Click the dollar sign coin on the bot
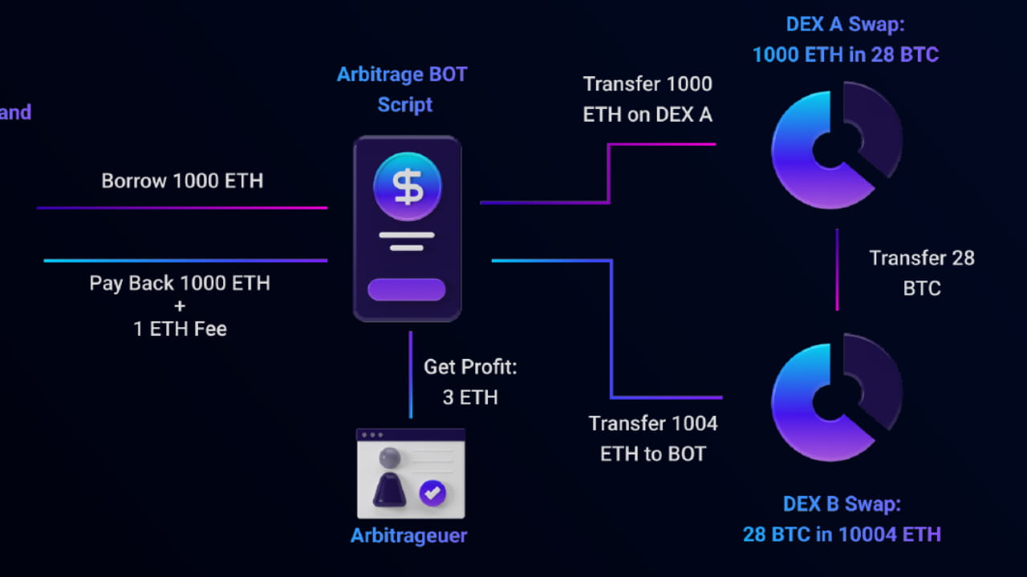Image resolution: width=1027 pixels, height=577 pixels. point(407,187)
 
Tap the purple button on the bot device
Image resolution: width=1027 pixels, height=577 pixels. point(406,289)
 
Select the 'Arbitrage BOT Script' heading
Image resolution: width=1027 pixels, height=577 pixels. point(402,90)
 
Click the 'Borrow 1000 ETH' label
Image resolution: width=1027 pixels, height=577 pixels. point(182,180)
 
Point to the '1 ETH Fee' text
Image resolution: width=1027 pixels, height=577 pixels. point(180,329)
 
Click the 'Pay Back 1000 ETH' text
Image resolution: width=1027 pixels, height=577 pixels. point(180,283)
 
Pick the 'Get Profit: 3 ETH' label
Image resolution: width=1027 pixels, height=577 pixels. point(470,381)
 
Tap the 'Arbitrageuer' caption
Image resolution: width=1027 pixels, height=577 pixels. point(409,535)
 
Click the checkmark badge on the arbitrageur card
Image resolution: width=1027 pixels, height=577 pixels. point(433,493)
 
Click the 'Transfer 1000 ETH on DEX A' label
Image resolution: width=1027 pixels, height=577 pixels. point(647,99)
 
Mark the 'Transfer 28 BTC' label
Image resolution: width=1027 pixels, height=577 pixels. point(922,272)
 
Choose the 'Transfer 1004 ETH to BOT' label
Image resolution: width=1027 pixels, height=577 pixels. point(653,438)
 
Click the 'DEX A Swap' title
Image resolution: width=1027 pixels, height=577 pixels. point(845,25)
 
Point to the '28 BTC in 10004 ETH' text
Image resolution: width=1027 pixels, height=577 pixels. point(842,534)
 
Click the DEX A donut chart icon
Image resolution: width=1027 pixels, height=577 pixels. point(836,148)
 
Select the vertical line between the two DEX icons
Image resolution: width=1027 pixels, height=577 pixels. point(837,269)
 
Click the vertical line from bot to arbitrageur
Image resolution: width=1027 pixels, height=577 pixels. point(411,374)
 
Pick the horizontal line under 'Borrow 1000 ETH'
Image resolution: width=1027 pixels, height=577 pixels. point(182,208)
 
